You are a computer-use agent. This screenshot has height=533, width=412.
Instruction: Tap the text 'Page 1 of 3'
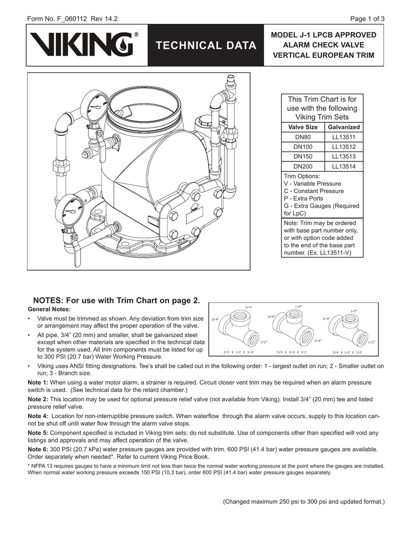click(367, 19)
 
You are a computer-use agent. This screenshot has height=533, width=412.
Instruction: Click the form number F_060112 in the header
click(72, 19)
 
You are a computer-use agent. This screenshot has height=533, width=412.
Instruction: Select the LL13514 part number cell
click(344, 166)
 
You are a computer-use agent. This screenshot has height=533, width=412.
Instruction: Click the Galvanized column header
click(344, 127)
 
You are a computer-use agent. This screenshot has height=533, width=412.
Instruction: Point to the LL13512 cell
click(344, 147)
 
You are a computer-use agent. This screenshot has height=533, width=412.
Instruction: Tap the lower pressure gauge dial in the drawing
click(71, 211)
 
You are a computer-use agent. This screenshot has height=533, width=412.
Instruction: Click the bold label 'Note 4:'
click(38, 416)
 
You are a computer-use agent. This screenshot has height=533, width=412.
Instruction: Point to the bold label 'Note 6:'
click(38, 449)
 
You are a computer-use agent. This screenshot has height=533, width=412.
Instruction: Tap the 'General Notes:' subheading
click(49, 309)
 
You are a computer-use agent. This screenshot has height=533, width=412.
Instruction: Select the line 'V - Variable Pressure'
click(313, 184)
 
